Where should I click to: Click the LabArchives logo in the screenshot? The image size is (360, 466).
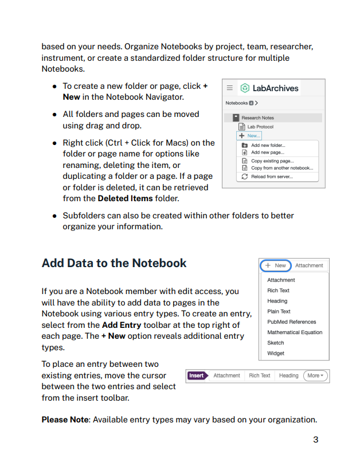tap(269, 88)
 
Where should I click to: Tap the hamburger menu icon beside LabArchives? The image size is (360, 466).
tap(230, 88)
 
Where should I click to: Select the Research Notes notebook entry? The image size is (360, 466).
tap(257, 118)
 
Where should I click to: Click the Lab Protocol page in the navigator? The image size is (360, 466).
tap(260, 127)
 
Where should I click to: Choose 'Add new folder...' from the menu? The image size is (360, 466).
tap(268, 146)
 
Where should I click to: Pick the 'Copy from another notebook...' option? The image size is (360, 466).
tap(281, 168)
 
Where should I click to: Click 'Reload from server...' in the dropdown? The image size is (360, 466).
tap(271, 177)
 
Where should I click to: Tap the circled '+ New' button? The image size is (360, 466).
tap(276, 265)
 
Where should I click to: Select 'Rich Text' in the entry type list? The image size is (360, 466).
tap(278, 291)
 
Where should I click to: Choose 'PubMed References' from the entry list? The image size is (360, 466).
tap(291, 322)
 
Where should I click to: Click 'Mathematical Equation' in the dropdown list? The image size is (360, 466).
tap(295, 332)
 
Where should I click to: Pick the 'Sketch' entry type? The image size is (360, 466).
tap(275, 343)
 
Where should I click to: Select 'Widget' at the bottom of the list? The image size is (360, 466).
tap(275, 353)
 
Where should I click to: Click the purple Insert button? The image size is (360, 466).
tap(196, 375)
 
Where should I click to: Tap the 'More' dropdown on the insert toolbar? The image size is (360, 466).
tap(315, 375)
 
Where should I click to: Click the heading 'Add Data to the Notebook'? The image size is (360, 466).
tap(114, 263)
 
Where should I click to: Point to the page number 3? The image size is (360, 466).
tap(315, 440)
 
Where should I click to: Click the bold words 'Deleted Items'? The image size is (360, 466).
tap(125, 198)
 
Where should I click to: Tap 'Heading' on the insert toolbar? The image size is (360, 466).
tap(288, 375)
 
